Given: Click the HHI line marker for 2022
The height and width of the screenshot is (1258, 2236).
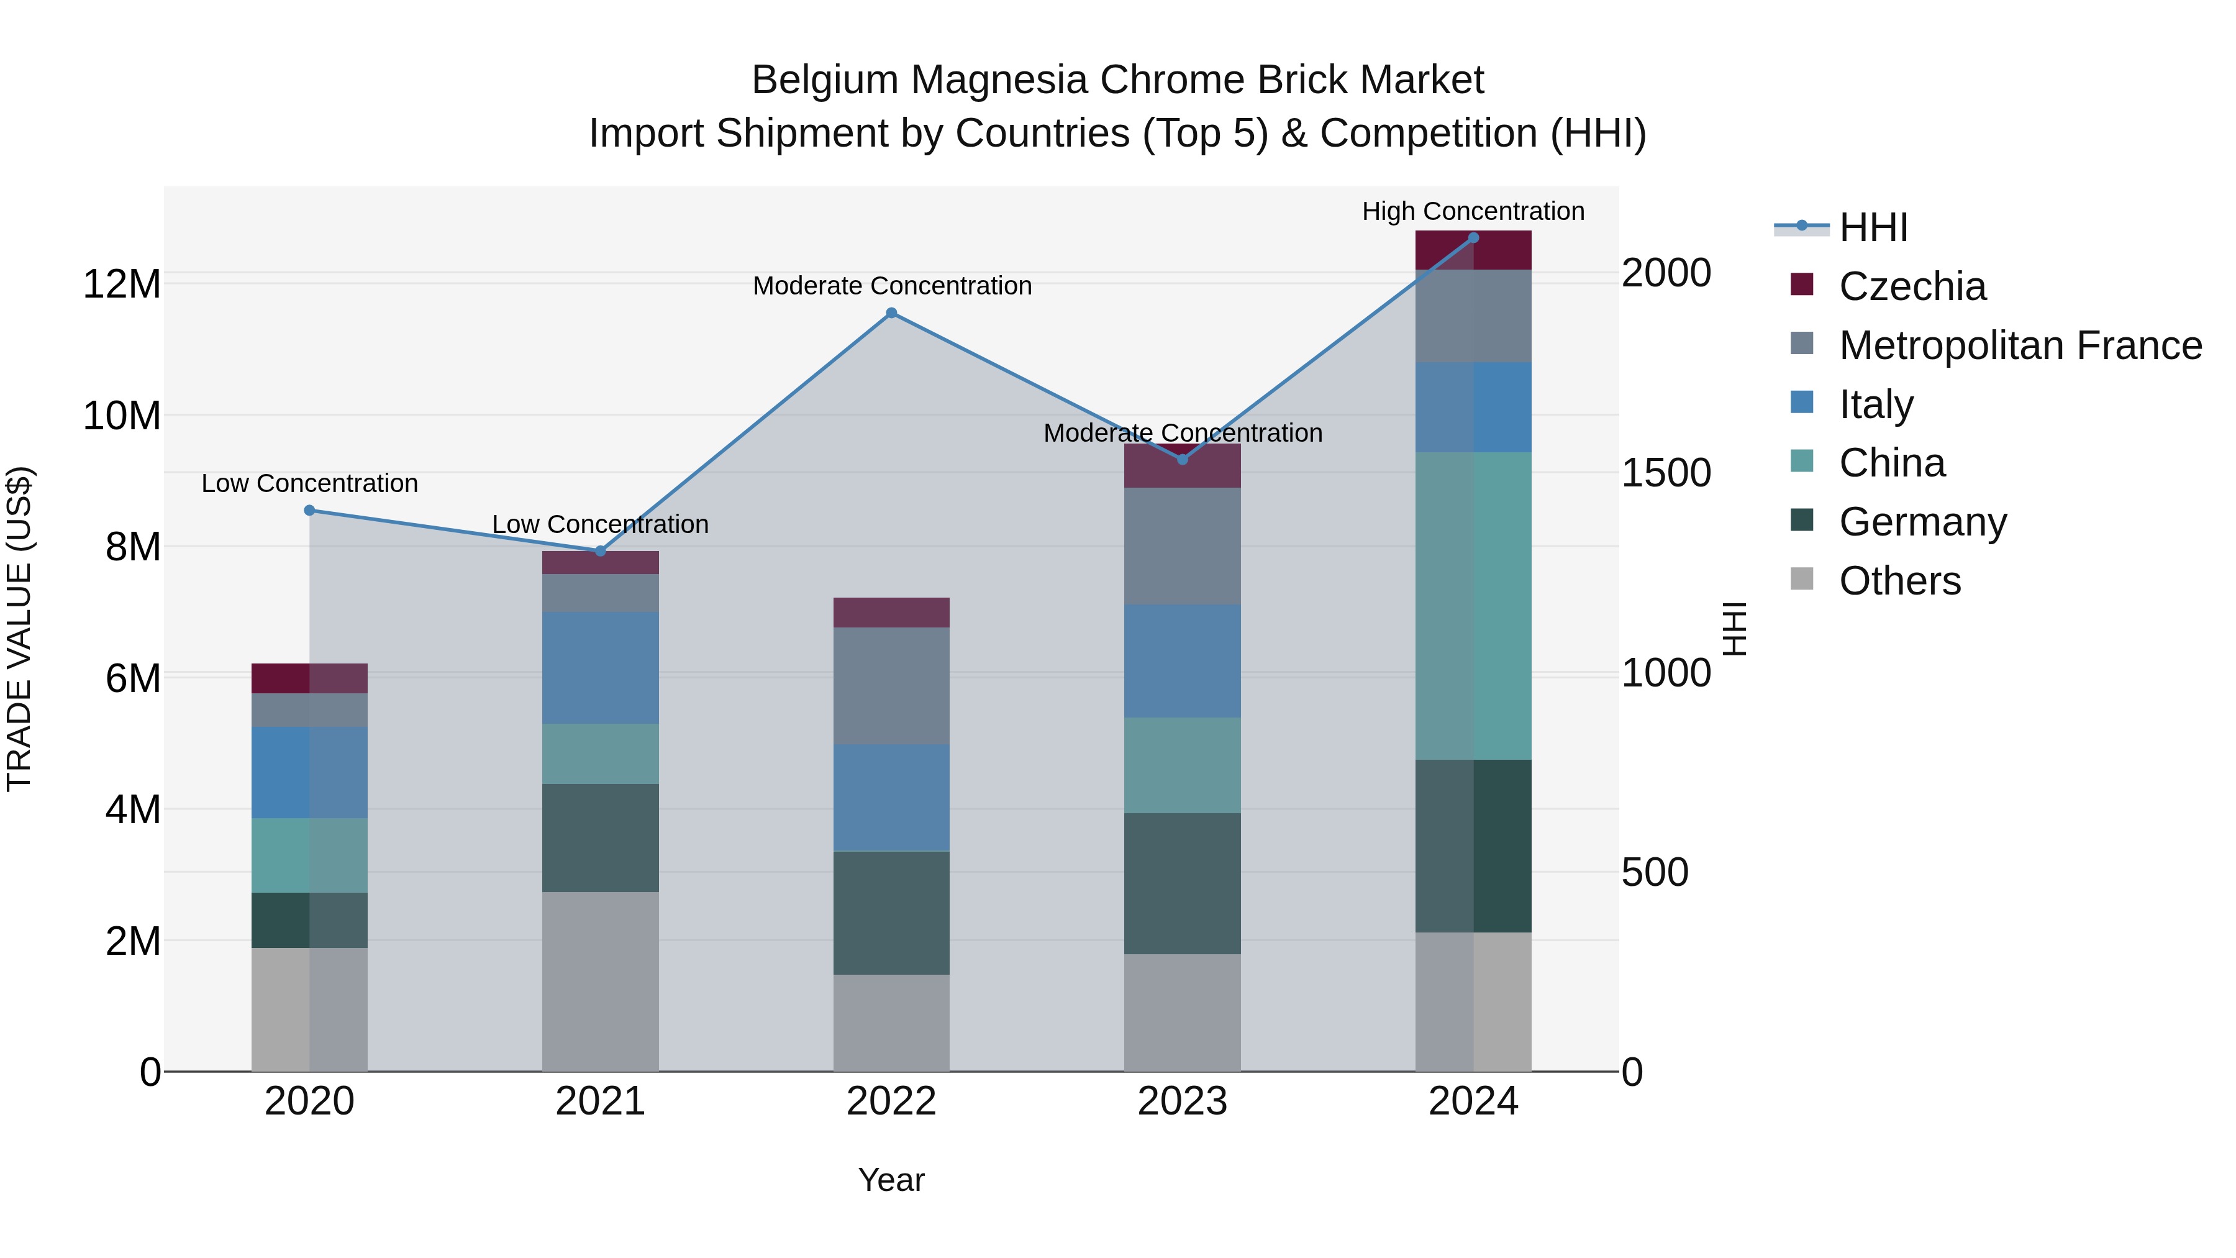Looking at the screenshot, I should [891, 314].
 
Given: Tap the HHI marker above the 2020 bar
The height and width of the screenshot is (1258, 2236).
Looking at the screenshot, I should [310, 511].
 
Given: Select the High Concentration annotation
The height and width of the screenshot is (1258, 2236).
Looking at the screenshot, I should [1473, 212].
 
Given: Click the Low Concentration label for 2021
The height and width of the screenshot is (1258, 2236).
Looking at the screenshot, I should [600, 524].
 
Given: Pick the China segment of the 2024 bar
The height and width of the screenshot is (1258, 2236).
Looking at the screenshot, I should [1473, 606].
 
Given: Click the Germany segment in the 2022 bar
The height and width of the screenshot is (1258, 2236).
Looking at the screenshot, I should [891, 913].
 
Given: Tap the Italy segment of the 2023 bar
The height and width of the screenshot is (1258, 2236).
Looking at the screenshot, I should [1182, 661].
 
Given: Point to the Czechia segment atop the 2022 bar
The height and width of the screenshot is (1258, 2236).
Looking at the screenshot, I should [891, 612].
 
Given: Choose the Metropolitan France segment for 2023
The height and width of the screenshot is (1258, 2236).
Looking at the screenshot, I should [1182, 546].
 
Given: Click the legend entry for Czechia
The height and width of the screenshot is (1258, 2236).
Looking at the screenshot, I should [1912, 286].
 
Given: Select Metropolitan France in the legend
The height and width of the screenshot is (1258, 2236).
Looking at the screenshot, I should [2020, 345].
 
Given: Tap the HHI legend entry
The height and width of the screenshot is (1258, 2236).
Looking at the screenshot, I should [1873, 227].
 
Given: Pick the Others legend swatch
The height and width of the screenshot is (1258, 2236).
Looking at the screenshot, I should [1802, 579].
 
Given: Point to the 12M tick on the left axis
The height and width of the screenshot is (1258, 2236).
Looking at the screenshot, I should [122, 285].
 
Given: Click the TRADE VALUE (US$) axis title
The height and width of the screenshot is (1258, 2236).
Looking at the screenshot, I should [19, 629].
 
